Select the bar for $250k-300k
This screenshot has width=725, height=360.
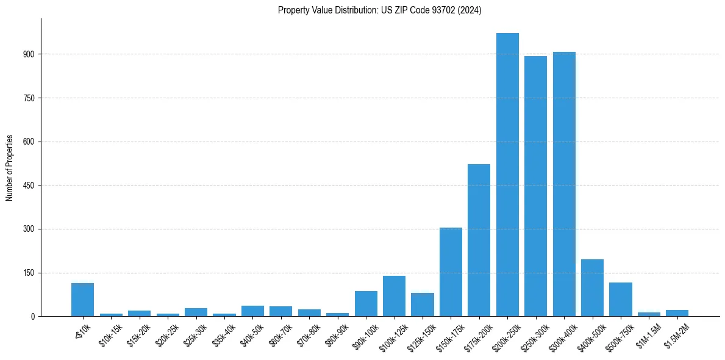pos(535,186)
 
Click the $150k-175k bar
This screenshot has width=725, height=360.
pos(451,272)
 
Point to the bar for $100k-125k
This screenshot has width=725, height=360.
pos(394,297)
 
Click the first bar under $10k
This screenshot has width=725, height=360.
pos(82,300)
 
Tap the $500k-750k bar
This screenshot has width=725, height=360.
pos(621,300)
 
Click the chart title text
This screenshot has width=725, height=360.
pos(379,10)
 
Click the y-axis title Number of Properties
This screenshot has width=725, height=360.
pos(10,167)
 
